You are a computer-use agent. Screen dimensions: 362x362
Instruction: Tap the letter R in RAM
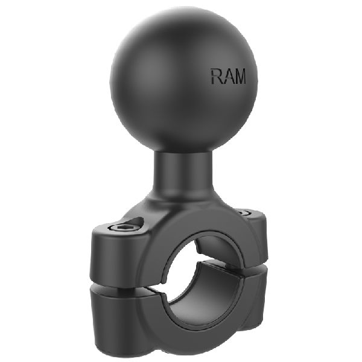(x=215, y=76)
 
